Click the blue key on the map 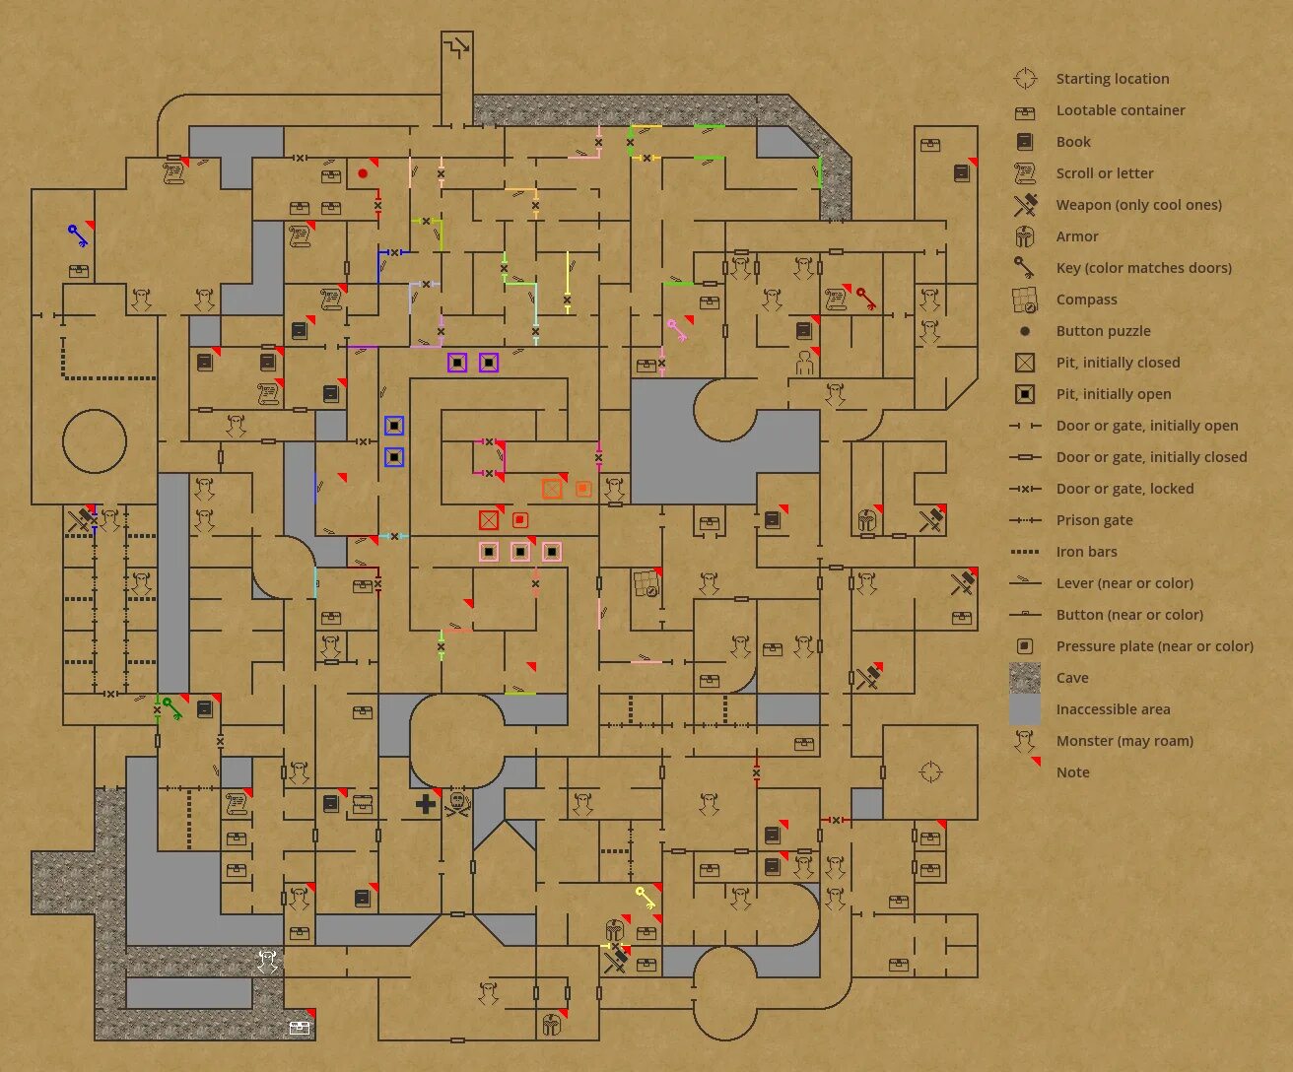[77, 235]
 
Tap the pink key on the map [677, 330]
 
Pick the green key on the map [172, 708]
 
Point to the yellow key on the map [646, 899]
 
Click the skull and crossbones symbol [457, 804]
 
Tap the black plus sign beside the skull [426, 804]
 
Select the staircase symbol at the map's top [456, 46]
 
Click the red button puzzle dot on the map [363, 173]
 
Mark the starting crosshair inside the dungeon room [930, 771]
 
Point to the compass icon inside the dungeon [646, 584]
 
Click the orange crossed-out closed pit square [552, 489]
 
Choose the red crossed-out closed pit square [489, 520]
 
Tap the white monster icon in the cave [267, 961]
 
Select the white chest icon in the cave [300, 1028]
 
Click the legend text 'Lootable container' [1121, 110]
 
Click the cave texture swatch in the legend [1025, 678]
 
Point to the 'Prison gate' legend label [1094, 520]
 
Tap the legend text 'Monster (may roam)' [1124, 741]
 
